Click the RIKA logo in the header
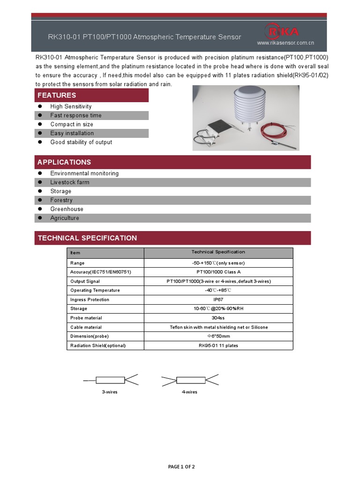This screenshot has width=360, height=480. coord(282,31)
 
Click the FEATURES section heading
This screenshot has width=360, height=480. coord(57,95)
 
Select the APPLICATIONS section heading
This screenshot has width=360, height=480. coord(64,162)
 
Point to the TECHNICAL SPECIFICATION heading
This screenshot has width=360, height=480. coord(87,238)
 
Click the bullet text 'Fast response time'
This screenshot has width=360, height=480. coord(75,115)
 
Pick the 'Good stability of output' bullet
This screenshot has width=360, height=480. coord(81,142)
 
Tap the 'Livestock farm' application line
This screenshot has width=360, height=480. coord(69,182)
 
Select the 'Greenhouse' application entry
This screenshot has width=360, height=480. coord(67,209)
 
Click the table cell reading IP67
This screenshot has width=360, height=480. coord(218,300)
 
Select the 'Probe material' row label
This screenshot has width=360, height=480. coord(86,318)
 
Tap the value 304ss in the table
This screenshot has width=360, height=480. coord(218,318)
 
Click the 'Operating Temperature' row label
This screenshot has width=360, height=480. coord(95,290)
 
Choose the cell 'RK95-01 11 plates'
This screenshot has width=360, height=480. coord(218,345)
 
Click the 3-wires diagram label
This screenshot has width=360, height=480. coord(110,392)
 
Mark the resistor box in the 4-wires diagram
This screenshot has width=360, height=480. coord(191,380)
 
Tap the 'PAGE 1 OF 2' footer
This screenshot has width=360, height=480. coord(181,466)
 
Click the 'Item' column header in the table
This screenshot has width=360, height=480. coord(75,253)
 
